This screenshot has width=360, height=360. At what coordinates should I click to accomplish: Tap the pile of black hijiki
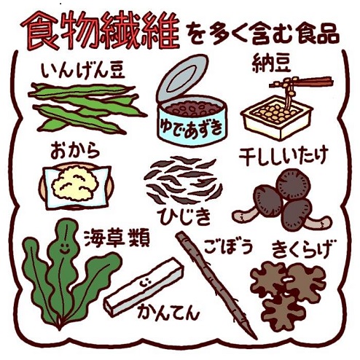click(x=181, y=181)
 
